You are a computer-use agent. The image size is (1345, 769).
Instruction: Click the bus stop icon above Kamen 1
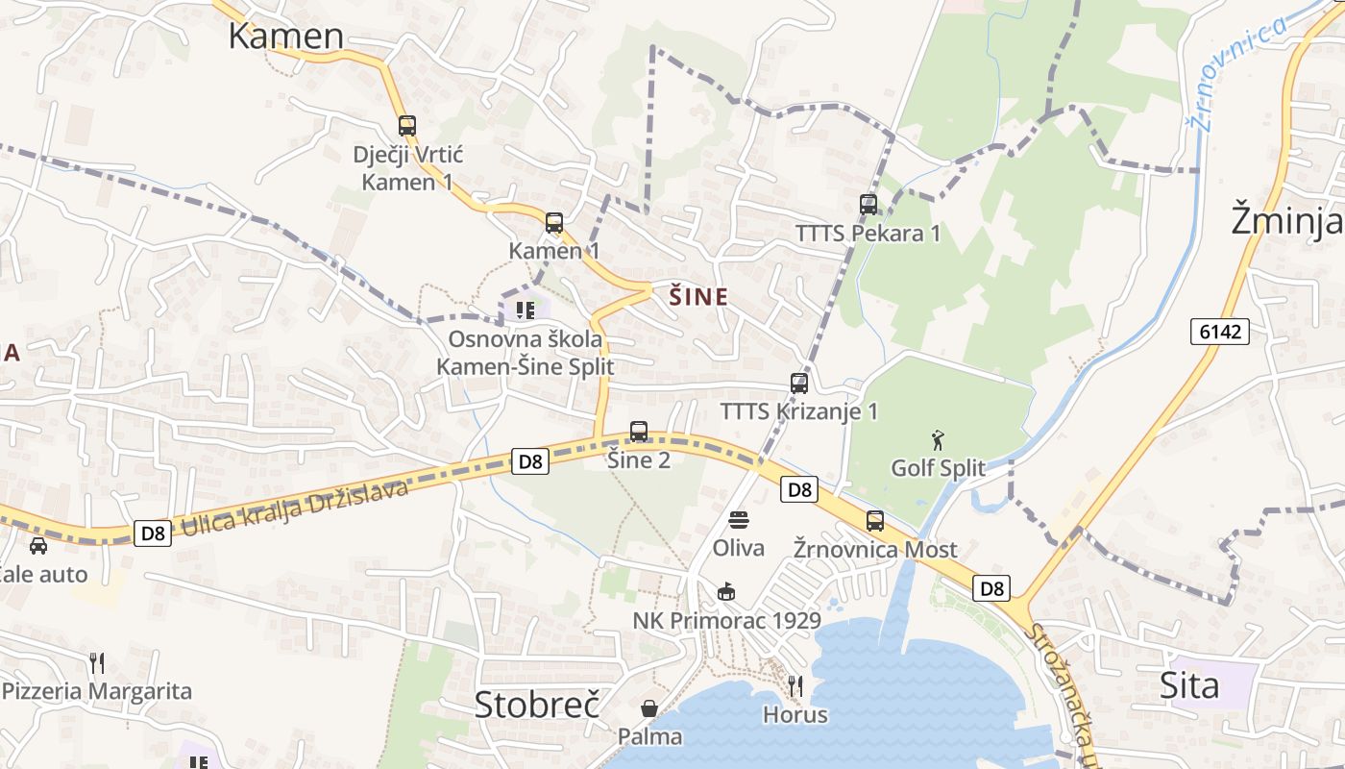554,223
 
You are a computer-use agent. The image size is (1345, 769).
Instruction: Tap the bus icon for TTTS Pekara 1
868,205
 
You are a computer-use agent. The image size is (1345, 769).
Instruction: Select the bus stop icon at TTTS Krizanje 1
799,384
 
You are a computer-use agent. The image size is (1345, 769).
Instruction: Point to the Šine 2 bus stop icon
639,432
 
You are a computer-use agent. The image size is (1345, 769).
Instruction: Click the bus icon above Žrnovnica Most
875,521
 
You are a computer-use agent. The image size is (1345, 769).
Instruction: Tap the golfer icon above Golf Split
938,441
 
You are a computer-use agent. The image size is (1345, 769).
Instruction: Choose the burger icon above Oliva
739,521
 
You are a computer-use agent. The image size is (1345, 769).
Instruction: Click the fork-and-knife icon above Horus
795,686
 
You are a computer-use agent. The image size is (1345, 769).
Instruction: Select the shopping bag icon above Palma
650,708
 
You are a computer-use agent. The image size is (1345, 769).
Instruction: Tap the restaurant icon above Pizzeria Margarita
96,663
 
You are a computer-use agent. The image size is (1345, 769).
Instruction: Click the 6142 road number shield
1221,332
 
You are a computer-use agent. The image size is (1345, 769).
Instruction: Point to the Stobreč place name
537,704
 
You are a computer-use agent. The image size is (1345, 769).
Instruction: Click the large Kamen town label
285,36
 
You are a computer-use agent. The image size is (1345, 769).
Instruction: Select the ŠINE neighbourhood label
698,297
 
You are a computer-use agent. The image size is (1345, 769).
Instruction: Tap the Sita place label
1189,685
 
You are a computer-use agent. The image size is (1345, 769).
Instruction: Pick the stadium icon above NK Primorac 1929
726,592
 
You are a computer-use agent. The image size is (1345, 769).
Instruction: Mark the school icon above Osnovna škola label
525,310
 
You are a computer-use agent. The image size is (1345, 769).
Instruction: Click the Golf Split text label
938,468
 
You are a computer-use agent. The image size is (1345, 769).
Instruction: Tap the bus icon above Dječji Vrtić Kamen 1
407,126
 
